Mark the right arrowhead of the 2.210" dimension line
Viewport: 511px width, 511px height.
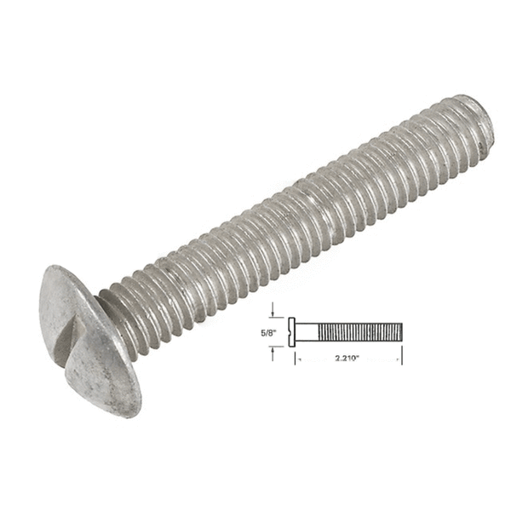tap(399, 360)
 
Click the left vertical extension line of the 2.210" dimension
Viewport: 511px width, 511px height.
tap(295, 356)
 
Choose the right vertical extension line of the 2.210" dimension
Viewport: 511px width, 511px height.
tap(402, 353)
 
